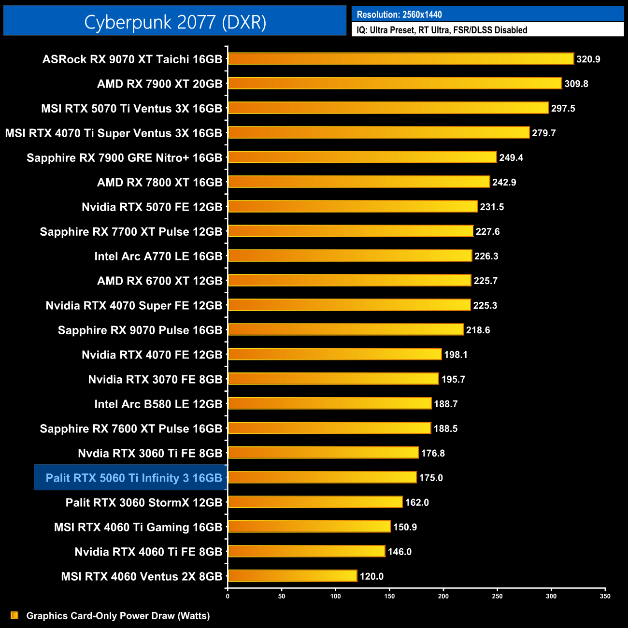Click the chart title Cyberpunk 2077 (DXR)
pos(175,22)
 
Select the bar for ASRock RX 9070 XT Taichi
pos(401,59)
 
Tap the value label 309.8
pos(576,84)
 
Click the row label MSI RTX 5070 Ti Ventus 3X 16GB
pos(132,109)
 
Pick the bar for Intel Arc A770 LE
pos(350,256)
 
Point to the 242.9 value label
pos(504,183)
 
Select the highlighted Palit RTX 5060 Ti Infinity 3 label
pos(134,478)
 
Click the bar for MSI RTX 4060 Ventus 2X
pos(292,576)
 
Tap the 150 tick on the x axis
pos(389,596)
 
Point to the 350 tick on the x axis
pos(605,596)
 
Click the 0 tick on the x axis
pos(228,596)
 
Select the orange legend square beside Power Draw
pos(14,615)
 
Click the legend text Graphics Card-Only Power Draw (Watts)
pos(118,616)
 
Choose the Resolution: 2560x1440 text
pos(399,14)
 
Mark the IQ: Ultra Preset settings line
pos(442,30)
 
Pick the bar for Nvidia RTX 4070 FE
pos(335,355)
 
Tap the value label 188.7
pos(445,404)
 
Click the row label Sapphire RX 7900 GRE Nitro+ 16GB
pos(125,158)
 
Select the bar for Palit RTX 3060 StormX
pos(315,502)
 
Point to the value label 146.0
pos(400,552)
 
